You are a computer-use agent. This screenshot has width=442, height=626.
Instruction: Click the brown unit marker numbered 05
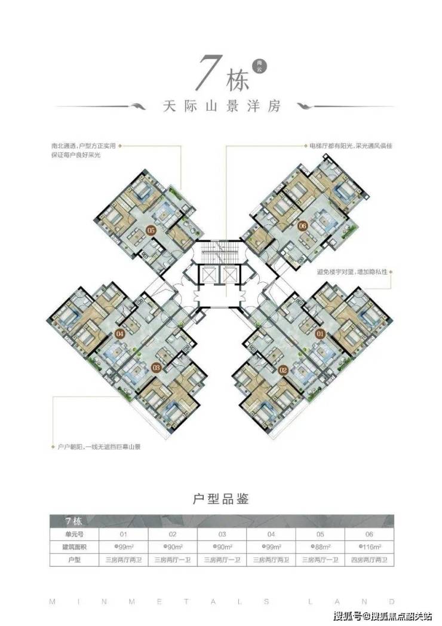tap(151, 229)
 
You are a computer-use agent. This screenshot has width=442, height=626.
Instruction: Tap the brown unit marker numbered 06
tap(302, 225)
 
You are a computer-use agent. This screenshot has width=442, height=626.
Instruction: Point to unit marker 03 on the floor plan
tap(156, 367)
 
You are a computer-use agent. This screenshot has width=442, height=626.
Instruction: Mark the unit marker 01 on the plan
tap(320, 333)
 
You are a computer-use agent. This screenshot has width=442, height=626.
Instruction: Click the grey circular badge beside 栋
tap(258, 67)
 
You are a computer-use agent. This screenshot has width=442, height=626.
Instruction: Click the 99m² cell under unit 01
tap(123, 546)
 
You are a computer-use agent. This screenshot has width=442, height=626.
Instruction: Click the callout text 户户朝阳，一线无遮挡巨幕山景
tap(99, 447)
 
